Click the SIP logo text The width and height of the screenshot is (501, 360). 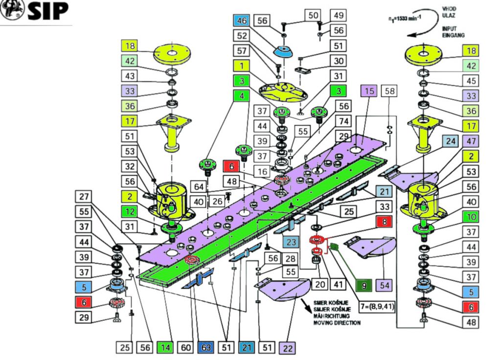(x=47, y=11)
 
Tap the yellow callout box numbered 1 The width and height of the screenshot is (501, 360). (x=241, y=66)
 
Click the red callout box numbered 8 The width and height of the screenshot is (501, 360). (x=384, y=222)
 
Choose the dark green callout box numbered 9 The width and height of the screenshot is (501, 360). (x=364, y=284)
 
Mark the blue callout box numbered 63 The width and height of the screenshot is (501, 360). (x=205, y=348)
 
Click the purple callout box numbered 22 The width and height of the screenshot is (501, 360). (x=286, y=348)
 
